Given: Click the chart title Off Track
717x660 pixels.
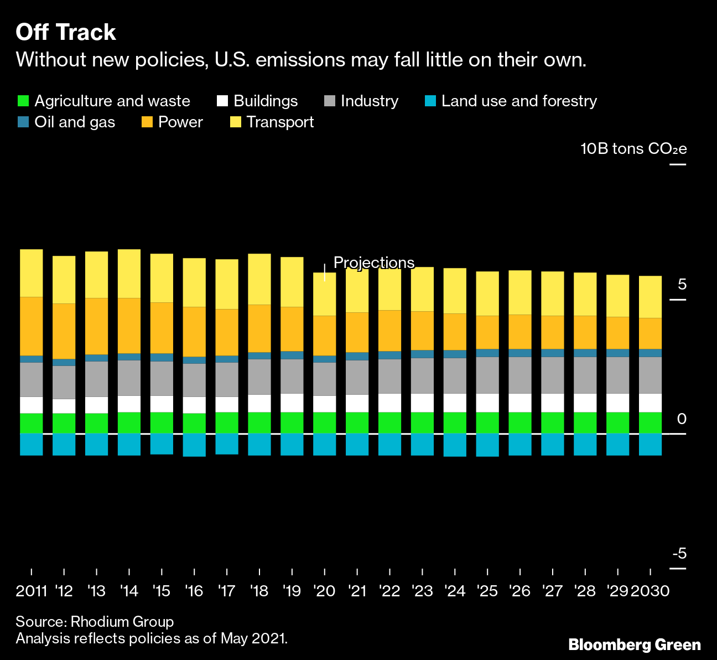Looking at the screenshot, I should [x=66, y=33].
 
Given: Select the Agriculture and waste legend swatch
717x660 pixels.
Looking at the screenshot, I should [x=23, y=101].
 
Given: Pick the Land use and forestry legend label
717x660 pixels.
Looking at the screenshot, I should [x=519, y=101].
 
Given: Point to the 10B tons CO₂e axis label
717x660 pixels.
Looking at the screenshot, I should [x=633, y=149].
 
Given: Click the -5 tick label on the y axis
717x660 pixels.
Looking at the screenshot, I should [x=679, y=553].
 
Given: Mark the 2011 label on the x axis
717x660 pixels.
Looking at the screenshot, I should [x=32, y=591].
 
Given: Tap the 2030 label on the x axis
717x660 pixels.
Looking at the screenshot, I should [x=650, y=591].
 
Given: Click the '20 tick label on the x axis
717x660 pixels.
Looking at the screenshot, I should [x=324, y=591].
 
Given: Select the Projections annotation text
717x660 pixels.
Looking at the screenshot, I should [x=374, y=262].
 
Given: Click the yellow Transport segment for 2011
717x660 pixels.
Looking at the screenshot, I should [x=32, y=273].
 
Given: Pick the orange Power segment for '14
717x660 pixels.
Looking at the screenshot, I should [x=129, y=326].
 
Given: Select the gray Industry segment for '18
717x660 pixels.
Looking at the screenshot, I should [x=259, y=377].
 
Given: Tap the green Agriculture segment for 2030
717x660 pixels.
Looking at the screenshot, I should [x=650, y=422].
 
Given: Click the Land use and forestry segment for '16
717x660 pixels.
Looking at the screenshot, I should [x=194, y=445].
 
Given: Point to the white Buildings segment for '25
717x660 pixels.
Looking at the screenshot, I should [x=487, y=403].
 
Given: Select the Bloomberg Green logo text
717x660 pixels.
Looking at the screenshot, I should [x=635, y=645].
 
